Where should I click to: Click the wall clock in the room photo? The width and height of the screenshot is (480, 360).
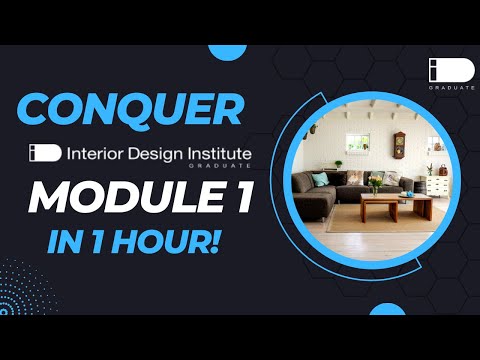point(399,146)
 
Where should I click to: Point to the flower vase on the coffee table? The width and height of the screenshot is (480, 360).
point(375,185)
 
